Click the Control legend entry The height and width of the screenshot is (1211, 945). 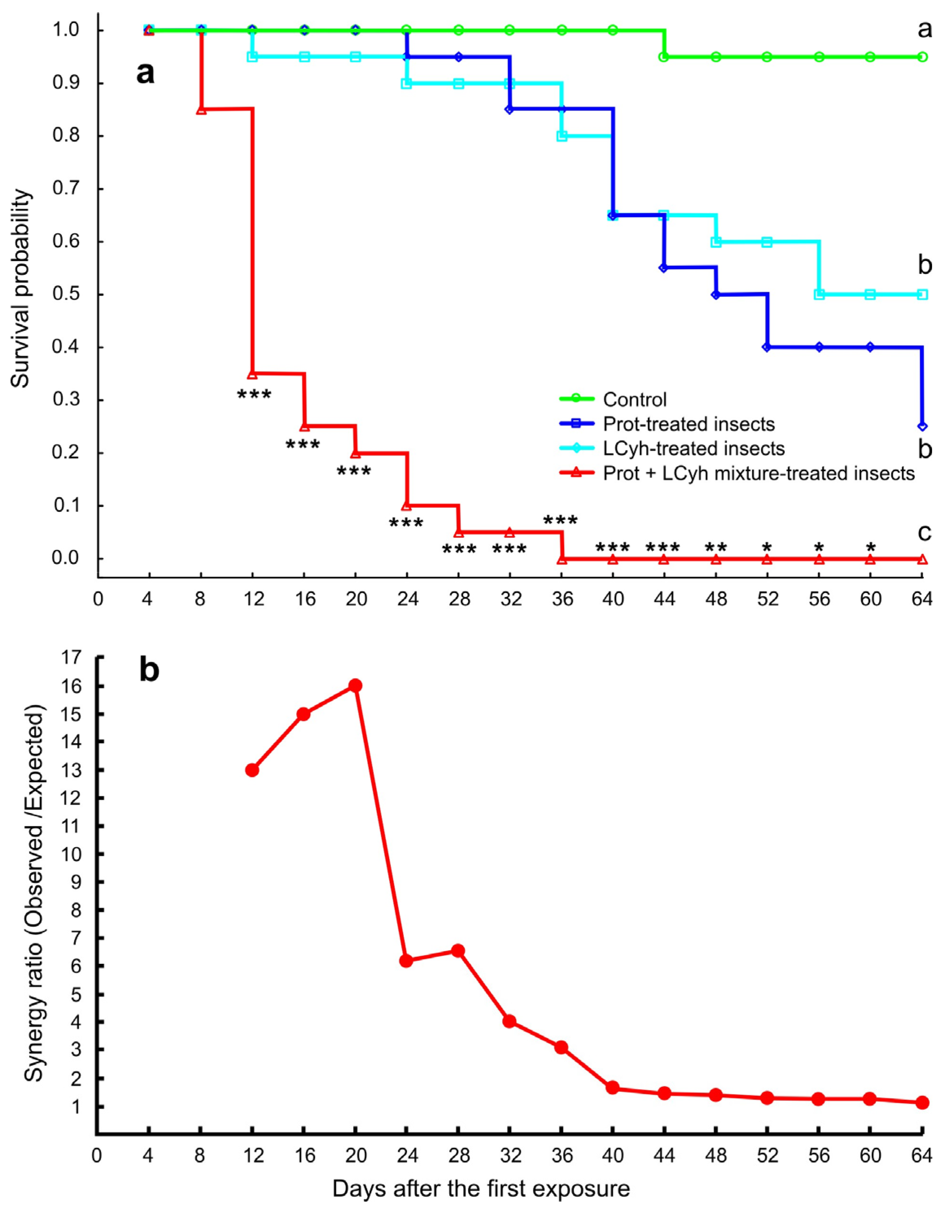[x=634, y=399]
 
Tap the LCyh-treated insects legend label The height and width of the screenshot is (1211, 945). [x=694, y=448]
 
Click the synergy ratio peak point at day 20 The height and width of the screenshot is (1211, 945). [x=355, y=685]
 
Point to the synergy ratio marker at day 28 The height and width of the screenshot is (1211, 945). [x=458, y=950]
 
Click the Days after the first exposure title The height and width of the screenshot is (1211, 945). [x=481, y=1189]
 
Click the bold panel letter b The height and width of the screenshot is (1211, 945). [x=149, y=670]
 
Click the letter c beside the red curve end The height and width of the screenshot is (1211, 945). [x=924, y=532]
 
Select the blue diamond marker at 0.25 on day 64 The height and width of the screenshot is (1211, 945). [x=922, y=426]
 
